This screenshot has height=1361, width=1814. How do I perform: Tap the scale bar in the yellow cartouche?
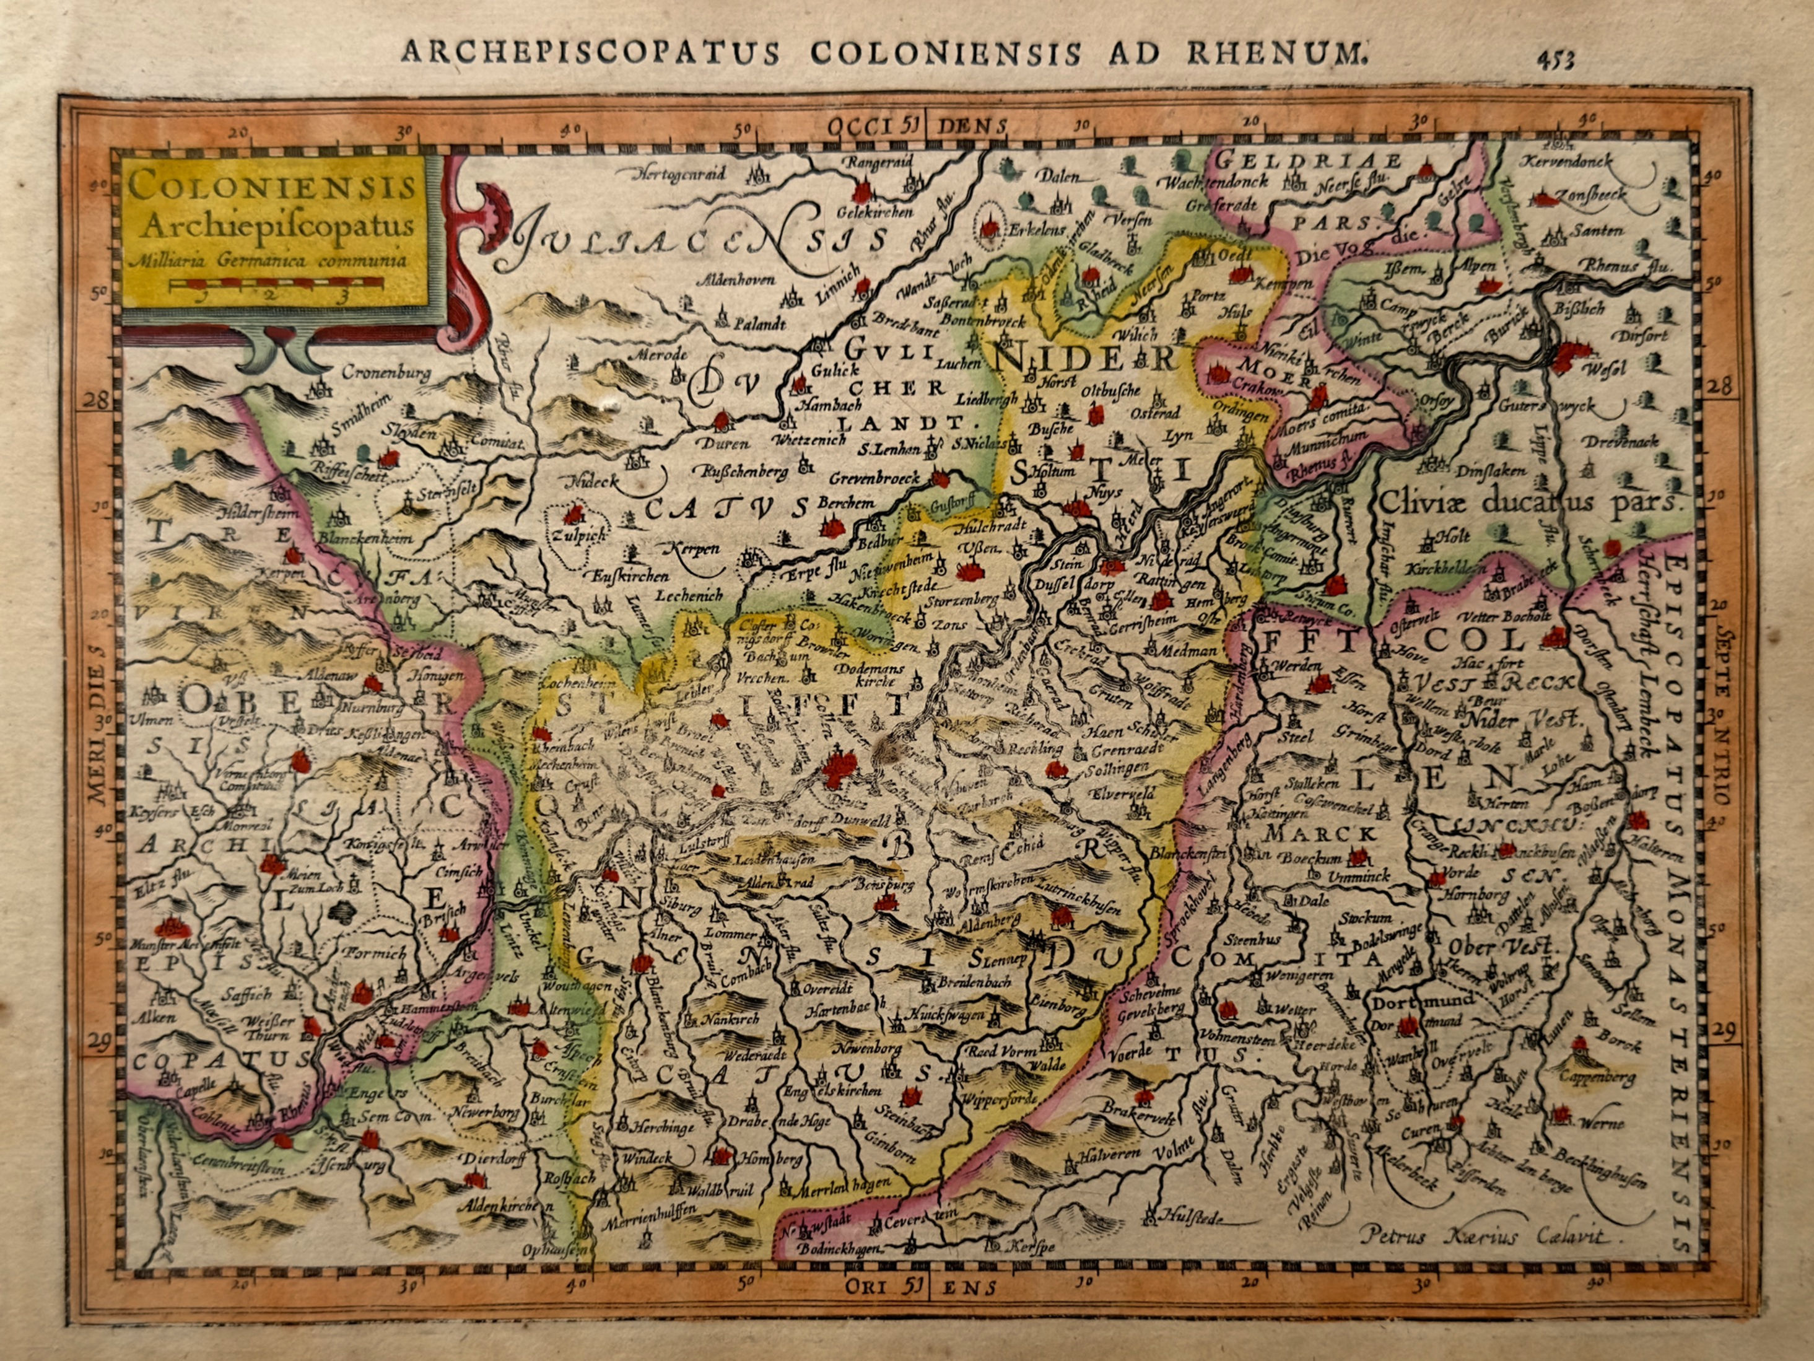tap(275, 286)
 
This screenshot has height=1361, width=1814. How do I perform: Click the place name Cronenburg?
tap(386, 374)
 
